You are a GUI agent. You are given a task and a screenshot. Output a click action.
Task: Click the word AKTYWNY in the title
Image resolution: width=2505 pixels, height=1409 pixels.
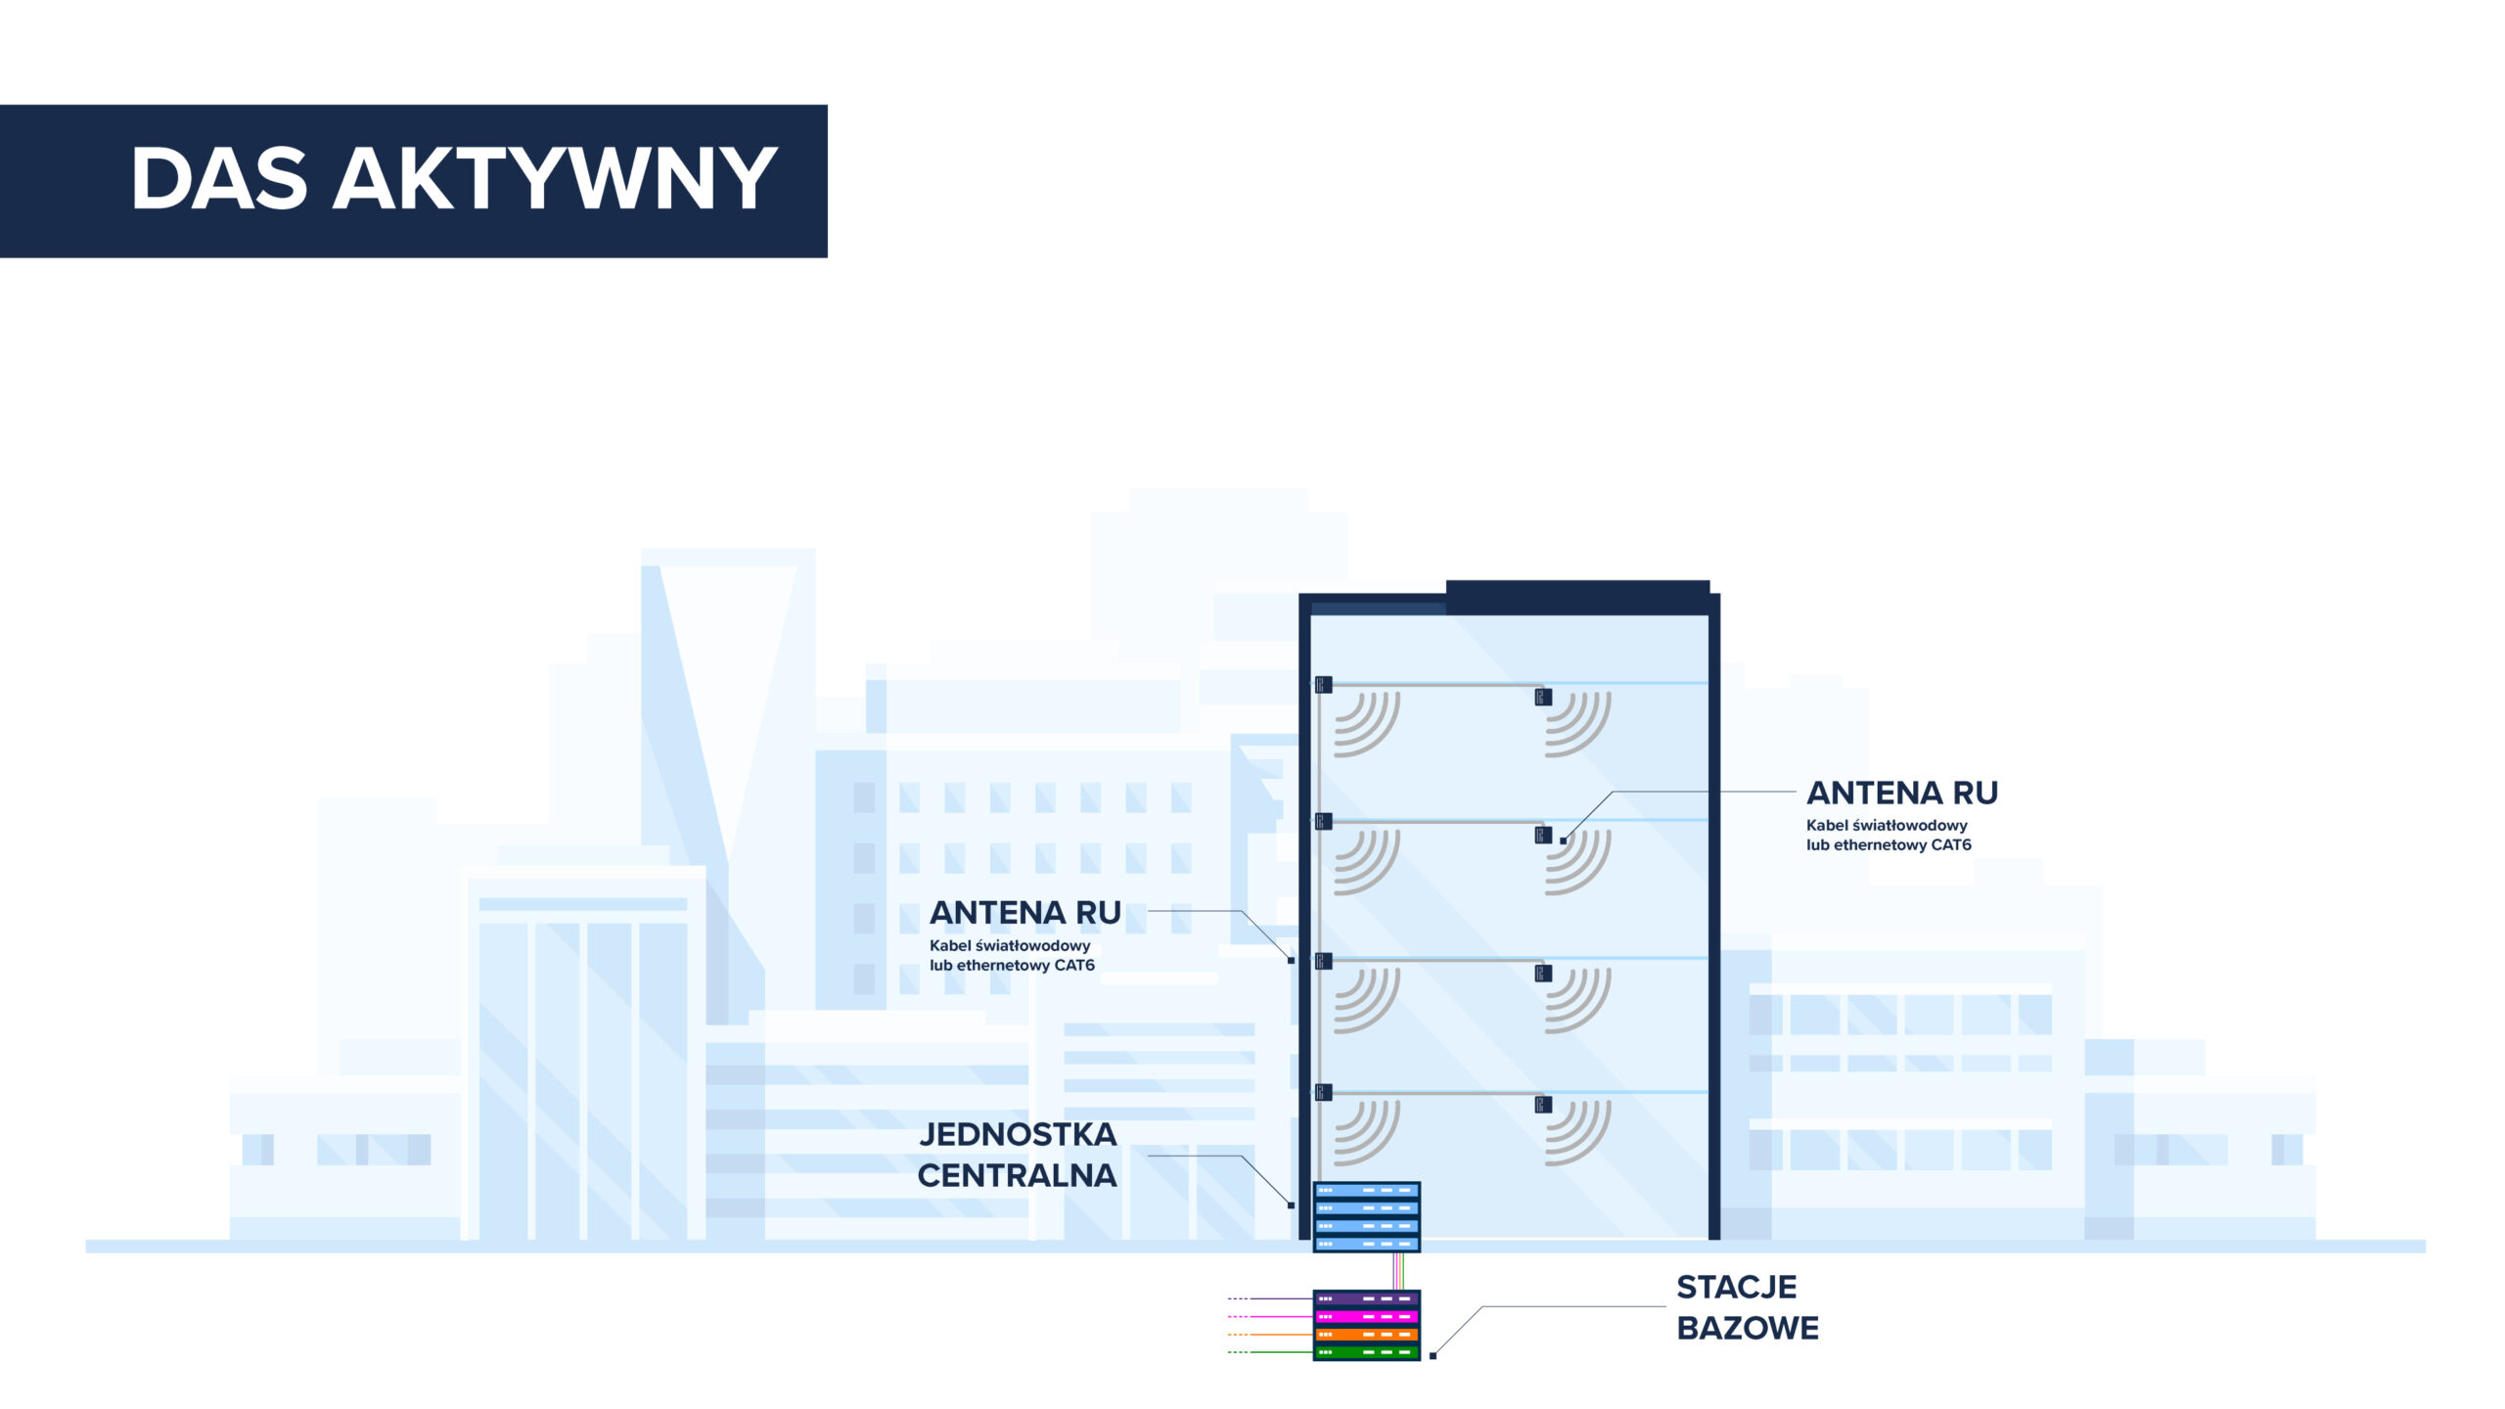coord(556,178)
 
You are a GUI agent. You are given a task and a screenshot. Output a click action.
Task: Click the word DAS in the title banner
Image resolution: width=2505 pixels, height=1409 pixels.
coord(219,178)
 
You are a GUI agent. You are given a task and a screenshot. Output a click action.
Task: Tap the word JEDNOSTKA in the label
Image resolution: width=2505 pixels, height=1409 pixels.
coord(1018,1134)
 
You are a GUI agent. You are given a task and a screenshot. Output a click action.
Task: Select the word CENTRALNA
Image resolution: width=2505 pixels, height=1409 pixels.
coord(1017,1175)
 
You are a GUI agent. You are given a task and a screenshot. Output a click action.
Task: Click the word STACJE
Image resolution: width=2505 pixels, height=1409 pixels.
coord(1737,1287)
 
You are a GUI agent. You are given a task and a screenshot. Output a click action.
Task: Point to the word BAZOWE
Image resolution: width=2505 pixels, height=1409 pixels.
coord(1748,1328)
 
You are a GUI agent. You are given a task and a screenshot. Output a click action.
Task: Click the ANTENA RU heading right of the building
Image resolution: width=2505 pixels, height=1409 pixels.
coord(1902,793)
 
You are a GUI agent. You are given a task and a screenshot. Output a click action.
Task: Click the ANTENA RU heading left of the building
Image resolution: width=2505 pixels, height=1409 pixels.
coord(1025,913)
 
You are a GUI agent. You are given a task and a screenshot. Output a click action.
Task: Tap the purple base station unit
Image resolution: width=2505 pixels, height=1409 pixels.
coord(1366,1298)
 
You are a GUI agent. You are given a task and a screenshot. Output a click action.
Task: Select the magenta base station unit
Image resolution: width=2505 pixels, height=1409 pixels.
coord(1366,1317)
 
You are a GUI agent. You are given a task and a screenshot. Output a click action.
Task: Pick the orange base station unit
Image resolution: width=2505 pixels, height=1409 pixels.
coord(1366,1335)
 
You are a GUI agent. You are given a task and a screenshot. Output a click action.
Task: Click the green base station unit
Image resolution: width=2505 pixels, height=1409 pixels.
coord(1366,1352)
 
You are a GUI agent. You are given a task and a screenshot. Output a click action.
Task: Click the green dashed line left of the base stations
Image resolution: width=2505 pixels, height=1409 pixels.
coord(1270,1352)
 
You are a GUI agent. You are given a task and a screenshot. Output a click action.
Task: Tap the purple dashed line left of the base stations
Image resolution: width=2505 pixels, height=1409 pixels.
coord(1270,1298)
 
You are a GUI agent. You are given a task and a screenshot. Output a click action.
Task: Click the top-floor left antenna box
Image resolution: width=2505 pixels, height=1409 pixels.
coord(1324,684)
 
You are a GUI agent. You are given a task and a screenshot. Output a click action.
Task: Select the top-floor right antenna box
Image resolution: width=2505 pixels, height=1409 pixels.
coord(1543,697)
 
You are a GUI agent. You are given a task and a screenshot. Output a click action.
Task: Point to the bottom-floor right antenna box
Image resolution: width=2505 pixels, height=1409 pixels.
coord(1543,1105)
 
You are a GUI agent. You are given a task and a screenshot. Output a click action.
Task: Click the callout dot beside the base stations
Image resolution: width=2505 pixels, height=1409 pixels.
coord(1433,1355)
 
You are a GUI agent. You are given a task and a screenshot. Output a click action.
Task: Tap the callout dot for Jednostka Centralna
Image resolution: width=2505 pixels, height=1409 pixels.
coord(1291,1204)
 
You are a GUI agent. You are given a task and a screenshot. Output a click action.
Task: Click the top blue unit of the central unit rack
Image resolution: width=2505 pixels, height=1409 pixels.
coord(1366,1191)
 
